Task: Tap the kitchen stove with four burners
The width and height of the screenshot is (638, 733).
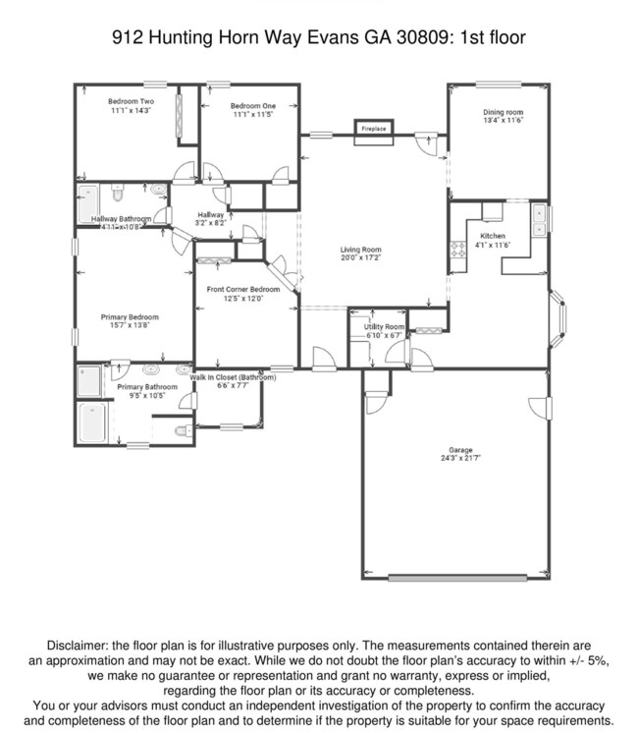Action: pyautogui.click(x=457, y=251)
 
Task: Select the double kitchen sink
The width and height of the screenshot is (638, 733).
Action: pyautogui.click(x=538, y=221)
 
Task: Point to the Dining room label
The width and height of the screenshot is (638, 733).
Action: pyautogui.click(x=503, y=112)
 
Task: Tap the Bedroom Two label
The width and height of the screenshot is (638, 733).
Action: pyautogui.click(x=131, y=101)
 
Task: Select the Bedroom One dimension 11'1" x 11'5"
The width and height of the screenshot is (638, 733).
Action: pyautogui.click(x=252, y=115)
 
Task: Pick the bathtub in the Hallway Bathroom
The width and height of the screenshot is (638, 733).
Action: pyautogui.click(x=87, y=200)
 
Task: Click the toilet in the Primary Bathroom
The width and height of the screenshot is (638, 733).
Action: pyautogui.click(x=183, y=430)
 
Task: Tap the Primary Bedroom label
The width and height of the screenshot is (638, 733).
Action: pyautogui.click(x=131, y=317)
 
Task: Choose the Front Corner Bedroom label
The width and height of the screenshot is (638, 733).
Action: pyautogui.click(x=242, y=290)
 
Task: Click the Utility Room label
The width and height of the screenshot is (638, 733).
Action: pyautogui.click(x=383, y=326)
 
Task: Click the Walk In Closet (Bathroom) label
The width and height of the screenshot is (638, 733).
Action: pyautogui.click(x=233, y=377)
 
